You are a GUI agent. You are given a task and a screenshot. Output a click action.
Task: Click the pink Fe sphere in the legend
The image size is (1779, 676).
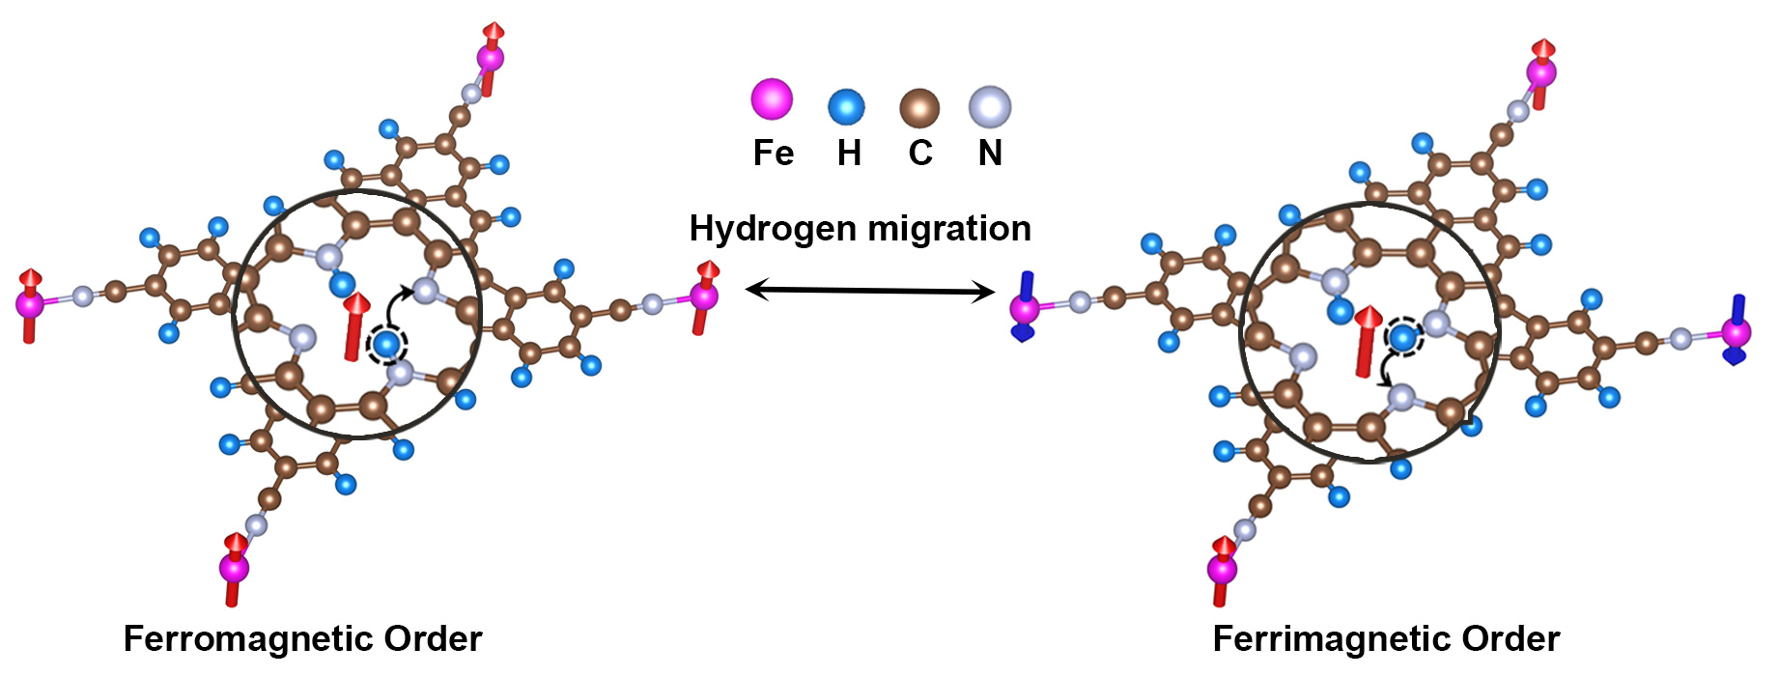point(772,99)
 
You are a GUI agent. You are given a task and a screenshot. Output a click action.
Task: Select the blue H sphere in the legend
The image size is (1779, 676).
point(846,106)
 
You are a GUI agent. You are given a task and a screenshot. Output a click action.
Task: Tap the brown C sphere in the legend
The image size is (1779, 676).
point(919,107)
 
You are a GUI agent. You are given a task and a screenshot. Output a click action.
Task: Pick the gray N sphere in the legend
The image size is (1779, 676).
point(990,106)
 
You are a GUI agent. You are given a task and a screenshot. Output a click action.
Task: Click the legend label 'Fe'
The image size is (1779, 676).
point(773,154)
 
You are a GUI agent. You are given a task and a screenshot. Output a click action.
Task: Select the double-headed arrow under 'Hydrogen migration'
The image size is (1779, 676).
point(869,290)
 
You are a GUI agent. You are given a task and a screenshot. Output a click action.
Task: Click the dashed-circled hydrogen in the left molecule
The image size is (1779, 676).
point(387,343)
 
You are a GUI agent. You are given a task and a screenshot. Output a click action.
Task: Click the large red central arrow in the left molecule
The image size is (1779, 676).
point(356,327)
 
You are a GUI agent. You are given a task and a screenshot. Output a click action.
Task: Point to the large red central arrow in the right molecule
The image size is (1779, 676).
point(1367,341)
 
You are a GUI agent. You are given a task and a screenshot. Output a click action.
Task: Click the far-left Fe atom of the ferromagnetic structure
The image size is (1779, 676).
point(30,304)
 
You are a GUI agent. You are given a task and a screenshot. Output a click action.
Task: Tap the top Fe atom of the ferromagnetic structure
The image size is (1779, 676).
point(491,58)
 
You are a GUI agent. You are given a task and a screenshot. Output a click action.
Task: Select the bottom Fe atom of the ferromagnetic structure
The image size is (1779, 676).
point(234,567)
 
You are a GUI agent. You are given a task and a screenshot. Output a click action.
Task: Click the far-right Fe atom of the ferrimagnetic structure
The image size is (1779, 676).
point(1737,333)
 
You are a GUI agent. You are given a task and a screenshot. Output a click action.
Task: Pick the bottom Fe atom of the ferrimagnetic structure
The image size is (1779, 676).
point(1223,568)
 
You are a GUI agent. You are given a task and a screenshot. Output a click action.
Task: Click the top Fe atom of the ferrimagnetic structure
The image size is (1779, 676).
point(1541,71)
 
